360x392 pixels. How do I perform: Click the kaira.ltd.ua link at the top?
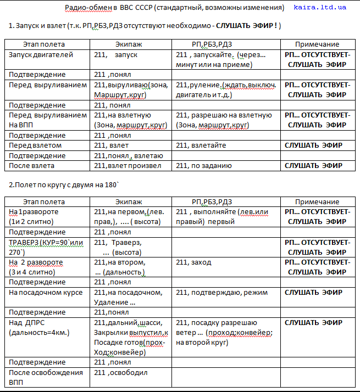point(328,8)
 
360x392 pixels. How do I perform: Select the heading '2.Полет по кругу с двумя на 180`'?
point(64,184)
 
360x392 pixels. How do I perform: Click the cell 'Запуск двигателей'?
point(41,55)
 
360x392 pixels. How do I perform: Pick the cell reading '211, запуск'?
point(116,55)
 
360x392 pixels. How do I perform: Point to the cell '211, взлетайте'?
point(201,145)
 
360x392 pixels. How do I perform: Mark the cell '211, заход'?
point(193,262)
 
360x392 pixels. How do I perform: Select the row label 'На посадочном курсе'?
point(46,293)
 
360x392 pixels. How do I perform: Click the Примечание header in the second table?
point(317,202)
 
